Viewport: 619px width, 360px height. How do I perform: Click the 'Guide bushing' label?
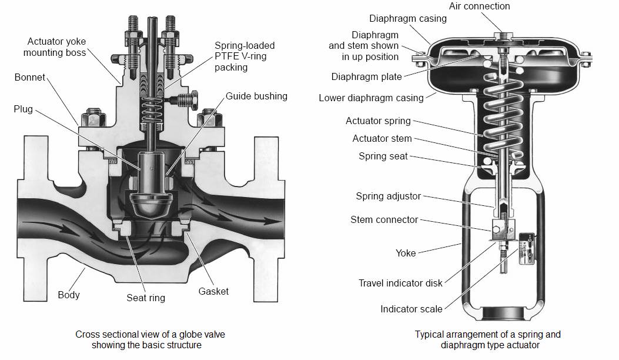coord(256,96)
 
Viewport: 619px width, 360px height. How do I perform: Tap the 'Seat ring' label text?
coord(146,298)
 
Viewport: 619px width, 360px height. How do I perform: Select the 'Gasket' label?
coord(213,291)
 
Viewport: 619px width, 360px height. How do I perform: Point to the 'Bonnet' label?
coord(29,78)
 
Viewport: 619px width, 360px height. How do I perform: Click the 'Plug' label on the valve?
coord(23,109)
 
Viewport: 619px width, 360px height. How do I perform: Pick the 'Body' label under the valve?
coord(69,295)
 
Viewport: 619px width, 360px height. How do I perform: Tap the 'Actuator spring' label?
coord(378,121)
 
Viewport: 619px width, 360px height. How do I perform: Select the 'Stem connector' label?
coord(384,219)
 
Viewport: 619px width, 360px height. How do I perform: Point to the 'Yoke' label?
coord(405,253)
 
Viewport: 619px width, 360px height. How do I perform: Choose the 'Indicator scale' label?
coord(411,309)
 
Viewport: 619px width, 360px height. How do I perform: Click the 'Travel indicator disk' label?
coord(400,283)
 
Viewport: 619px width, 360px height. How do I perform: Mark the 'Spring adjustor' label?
coord(388,196)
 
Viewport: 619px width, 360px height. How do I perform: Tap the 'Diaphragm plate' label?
coord(366,76)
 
